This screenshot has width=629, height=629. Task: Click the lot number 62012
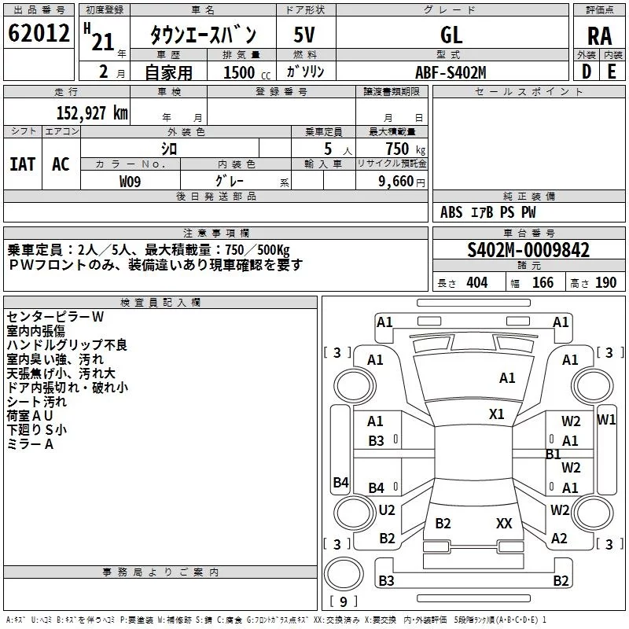39,34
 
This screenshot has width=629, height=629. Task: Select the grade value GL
451,34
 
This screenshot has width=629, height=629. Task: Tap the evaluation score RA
599,35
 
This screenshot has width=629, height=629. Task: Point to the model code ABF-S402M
451,72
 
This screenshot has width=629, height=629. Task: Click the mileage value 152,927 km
92,112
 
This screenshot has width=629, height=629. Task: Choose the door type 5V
305,34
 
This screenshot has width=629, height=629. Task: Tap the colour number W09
131,181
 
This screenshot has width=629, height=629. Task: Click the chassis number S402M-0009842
528,250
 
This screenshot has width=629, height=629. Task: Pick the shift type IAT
22,164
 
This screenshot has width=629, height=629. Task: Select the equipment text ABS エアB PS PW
487,212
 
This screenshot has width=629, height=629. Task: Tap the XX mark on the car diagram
505,523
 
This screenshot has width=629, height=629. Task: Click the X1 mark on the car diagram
497,414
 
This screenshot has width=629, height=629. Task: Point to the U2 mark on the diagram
387,510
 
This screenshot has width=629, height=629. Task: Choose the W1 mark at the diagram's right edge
606,419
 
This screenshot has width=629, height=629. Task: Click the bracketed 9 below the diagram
343,601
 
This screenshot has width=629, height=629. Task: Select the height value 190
606,283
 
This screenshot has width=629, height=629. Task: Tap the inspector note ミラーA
30,444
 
